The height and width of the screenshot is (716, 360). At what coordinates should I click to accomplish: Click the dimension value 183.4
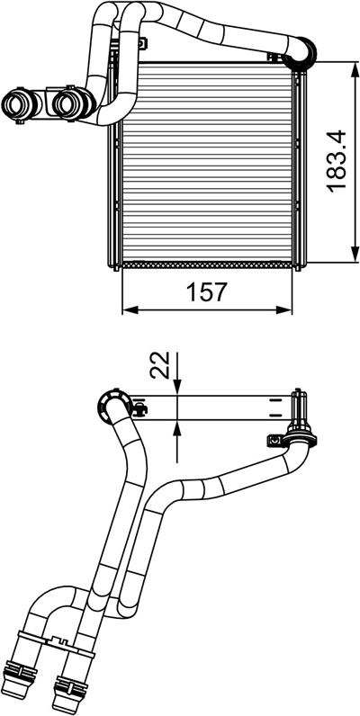pyautogui.click(x=337, y=161)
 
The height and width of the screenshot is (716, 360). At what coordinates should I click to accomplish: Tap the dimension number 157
pyautogui.click(x=206, y=292)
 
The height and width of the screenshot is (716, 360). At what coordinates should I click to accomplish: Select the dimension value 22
pyautogui.click(x=159, y=366)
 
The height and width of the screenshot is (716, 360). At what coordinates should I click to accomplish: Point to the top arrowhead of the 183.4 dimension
pyautogui.click(x=355, y=72)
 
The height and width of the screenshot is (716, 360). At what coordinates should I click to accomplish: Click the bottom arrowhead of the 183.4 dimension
pyautogui.click(x=355, y=253)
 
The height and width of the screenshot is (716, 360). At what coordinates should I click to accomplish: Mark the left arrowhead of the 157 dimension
pyautogui.click(x=131, y=310)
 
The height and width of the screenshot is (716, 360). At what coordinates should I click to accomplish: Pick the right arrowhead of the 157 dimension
pyautogui.click(x=283, y=310)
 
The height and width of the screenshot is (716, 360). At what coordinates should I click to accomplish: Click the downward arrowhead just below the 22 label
pyautogui.click(x=176, y=386)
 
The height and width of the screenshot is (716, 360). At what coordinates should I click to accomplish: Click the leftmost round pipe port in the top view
pyautogui.click(x=16, y=103)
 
